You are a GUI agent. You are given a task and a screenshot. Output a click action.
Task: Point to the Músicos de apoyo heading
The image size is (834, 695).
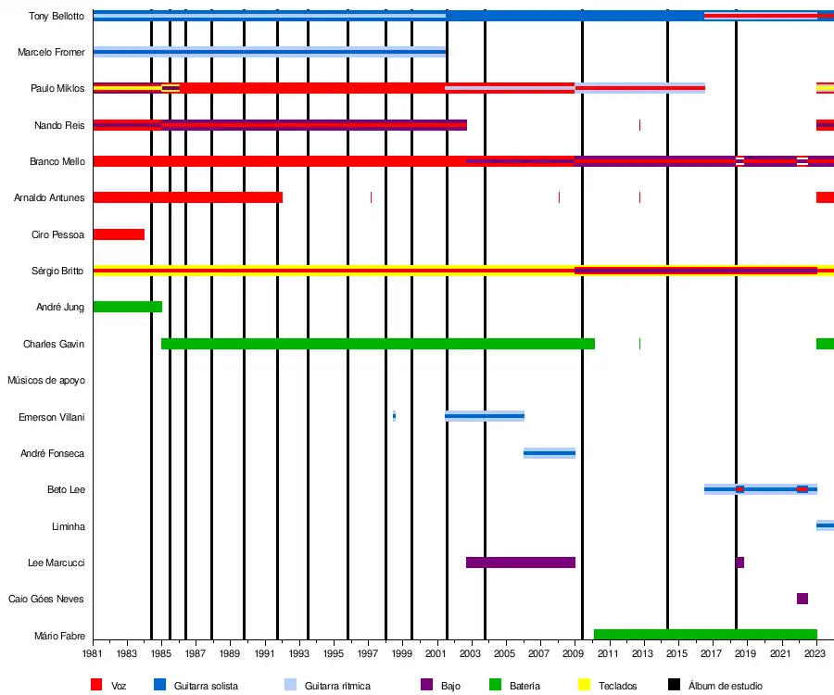[x=45, y=380]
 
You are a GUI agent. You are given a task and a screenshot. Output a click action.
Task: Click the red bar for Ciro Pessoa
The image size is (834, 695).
[x=119, y=234]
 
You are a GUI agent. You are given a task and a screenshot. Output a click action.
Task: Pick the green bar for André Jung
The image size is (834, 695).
[x=127, y=307]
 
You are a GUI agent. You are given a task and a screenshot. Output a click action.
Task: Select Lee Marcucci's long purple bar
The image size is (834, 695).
[x=520, y=562]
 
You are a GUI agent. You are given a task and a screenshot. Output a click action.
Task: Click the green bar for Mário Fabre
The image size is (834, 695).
[x=705, y=635]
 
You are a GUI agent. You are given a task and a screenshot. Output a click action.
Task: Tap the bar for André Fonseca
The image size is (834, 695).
[x=550, y=453]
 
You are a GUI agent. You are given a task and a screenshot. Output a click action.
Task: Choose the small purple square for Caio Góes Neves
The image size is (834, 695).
[x=802, y=599]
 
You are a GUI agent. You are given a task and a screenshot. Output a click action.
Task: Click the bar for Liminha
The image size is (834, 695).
[x=825, y=525]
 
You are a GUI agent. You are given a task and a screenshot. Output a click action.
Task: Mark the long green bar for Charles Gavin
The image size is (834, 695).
[x=378, y=344]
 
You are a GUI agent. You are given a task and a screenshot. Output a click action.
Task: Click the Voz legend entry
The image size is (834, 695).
[x=118, y=686]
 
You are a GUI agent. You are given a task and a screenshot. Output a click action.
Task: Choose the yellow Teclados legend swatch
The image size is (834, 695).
[x=584, y=685]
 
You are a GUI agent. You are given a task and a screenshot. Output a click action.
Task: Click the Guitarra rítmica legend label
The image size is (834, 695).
[x=337, y=686]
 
